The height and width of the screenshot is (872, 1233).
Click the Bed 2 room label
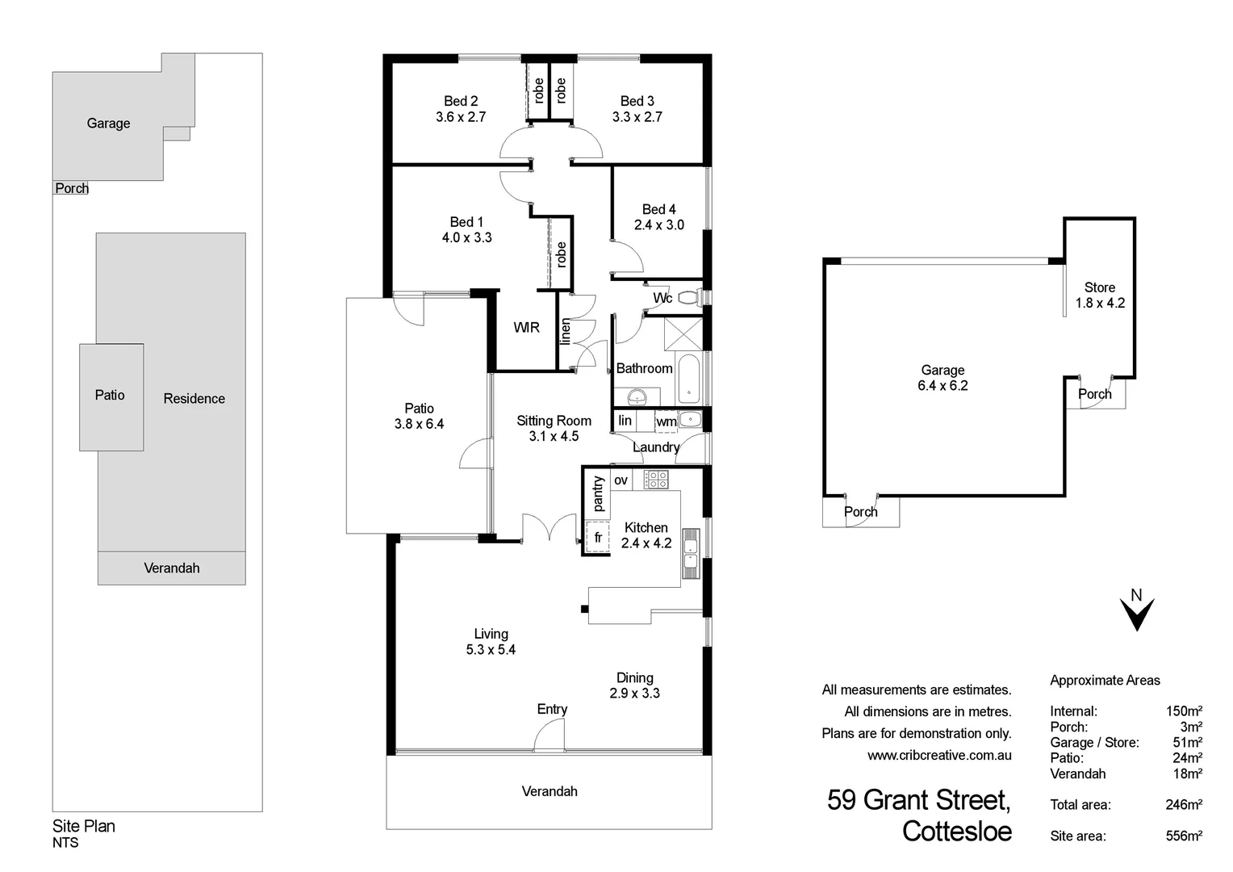[x=461, y=101]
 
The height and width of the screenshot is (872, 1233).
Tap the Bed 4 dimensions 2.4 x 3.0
[x=658, y=225]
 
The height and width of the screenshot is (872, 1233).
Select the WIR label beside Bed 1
[x=526, y=327]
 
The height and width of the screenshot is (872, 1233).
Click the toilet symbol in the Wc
[x=688, y=298]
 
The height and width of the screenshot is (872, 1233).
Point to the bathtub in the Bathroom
[x=690, y=379]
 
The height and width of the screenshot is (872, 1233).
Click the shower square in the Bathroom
[x=683, y=333]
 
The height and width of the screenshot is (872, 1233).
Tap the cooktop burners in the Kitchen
[x=656, y=480]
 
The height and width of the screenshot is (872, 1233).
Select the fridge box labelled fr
[x=597, y=537]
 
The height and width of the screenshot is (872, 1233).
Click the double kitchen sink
[x=690, y=553]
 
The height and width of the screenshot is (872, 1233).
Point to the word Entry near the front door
[x=552, y=709]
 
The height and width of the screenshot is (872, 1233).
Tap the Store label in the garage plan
[x=1099, y=287]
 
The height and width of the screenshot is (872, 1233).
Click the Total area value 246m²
[x=1184, y=805]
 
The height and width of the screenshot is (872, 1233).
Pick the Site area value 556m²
[x=1184, y=836]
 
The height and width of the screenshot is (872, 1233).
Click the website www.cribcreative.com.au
[x=938, y=756]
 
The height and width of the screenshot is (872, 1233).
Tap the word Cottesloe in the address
[x=956, y=831]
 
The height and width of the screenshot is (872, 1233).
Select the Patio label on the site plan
[x=110, y=395]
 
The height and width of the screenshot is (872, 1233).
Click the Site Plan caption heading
[x=84, y=826]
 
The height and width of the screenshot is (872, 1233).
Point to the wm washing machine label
[x=666, y=421]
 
